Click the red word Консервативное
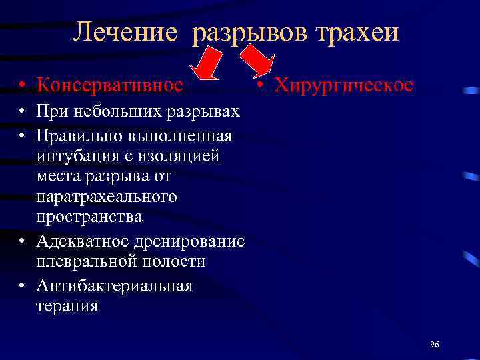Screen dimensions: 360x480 109,85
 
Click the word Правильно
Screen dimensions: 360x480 77,136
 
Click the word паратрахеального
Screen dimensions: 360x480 107,197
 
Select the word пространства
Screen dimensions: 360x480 89,217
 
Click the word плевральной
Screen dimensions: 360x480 90,261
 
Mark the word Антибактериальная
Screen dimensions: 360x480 115,286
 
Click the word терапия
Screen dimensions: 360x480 68,306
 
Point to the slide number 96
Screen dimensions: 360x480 435,344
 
